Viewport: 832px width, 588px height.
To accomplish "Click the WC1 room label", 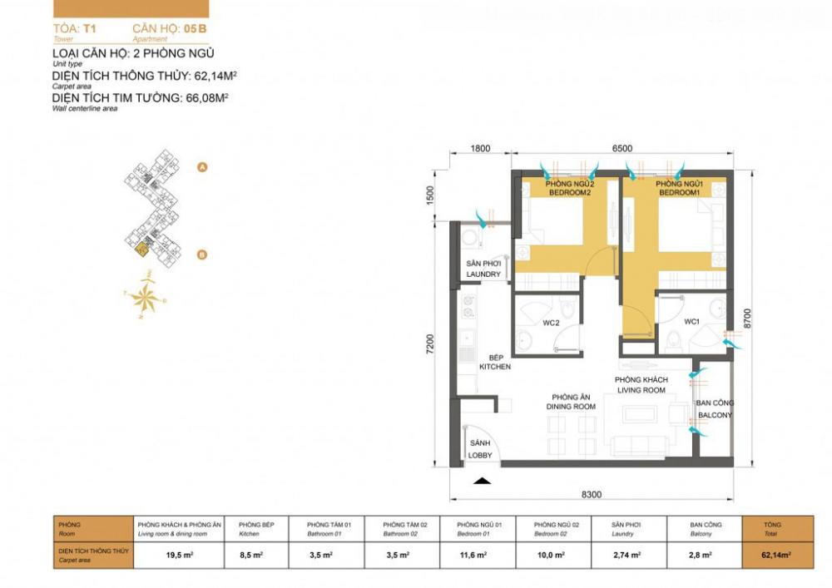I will (x=691, y=321).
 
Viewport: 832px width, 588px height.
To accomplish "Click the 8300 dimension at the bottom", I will (x=592, y=495).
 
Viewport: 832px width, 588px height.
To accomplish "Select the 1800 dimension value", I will (x=480, y=149).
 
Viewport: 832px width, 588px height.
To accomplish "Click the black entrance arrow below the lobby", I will (x=481, y=480).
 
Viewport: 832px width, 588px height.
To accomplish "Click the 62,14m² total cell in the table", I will (x=777, y=553).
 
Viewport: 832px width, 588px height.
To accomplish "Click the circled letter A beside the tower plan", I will (x=201, y=167).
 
